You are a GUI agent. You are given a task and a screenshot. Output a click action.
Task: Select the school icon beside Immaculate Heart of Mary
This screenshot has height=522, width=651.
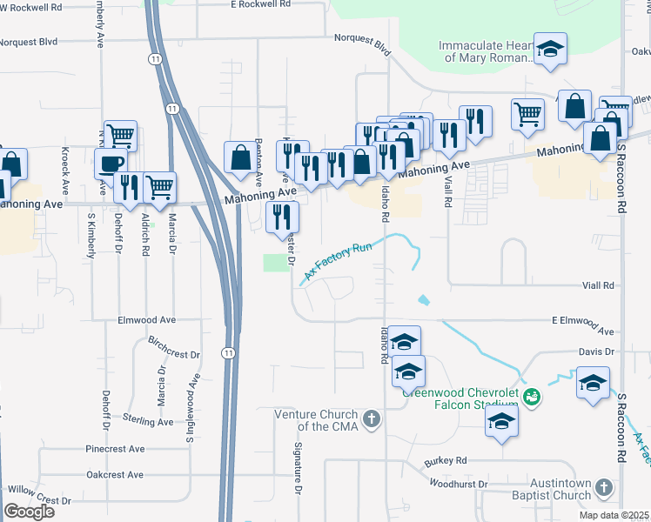pyautogui.click(x=550, y=50)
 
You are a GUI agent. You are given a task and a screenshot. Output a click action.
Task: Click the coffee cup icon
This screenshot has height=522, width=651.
pyautogui.click(x=111, y=164)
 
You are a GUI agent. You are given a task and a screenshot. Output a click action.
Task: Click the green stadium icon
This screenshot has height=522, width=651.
pyautogui.click(x=533, y=397)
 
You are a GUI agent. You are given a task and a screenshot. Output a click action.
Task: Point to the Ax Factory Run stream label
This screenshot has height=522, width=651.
pyautogui.click(x=338, y=261)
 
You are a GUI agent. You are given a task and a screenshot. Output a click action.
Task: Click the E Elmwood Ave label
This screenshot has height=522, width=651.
pyautogui.click(x=582, y=326)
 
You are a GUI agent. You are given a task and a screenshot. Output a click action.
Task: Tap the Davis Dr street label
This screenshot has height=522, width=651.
pyautogui.click(x=597, y=352)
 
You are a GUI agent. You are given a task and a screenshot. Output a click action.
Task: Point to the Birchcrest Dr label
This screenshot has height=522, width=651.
pyautogui.click(x=173, y=348)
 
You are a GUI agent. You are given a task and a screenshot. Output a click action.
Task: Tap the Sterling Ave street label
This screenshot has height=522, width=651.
pyautogui.click(x=148, y=420)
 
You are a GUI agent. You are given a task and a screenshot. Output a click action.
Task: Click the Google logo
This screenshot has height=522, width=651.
pyautogui.click(x=29, y=512)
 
